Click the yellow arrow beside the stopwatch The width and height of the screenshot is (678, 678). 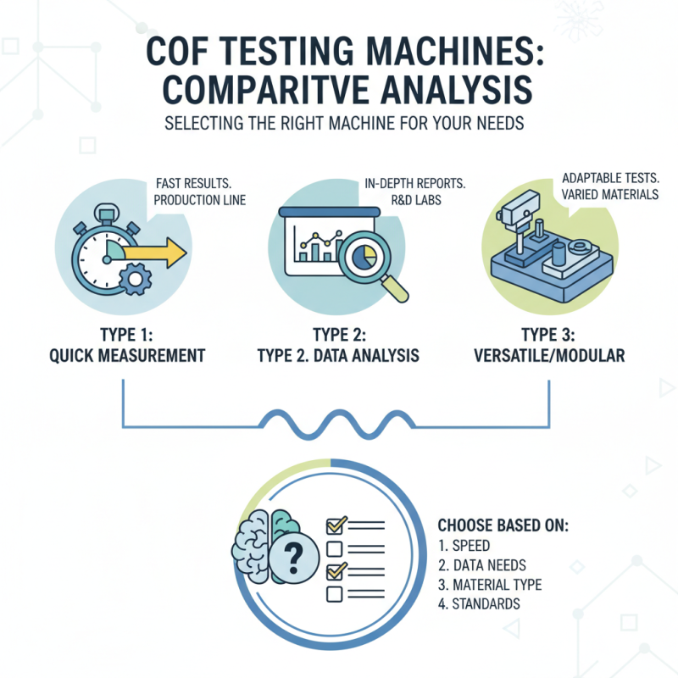click(x=158, y=251)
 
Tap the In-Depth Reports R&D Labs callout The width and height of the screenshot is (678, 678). click(x=407, y=191)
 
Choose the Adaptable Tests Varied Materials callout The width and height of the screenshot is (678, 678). click(x=609, y=187)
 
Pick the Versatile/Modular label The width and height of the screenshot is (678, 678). click(x=551, y=356)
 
